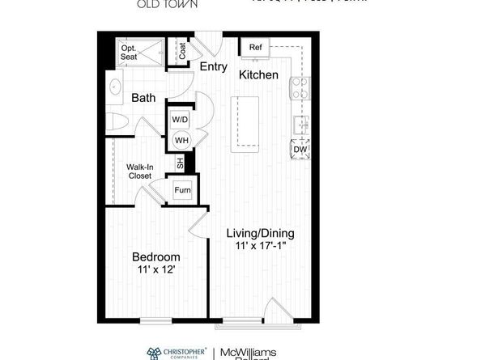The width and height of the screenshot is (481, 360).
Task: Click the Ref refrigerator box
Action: coord(255,48)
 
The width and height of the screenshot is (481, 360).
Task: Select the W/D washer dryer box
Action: coord(180,119)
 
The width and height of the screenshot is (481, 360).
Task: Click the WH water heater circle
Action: coord(180,140)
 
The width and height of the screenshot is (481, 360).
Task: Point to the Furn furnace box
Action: coord(181,192)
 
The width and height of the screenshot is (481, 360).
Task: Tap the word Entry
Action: coord(214,67)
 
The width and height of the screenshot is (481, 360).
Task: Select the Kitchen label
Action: coord(258,74)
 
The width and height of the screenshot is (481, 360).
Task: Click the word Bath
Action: coord(143,98)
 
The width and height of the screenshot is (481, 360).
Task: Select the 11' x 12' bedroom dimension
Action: coord(156,272)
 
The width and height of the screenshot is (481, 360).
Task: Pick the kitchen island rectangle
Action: coord(246,122)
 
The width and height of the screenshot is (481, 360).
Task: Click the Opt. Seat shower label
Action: coord(130,53)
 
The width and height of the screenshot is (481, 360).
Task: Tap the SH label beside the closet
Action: coord(181,163)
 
